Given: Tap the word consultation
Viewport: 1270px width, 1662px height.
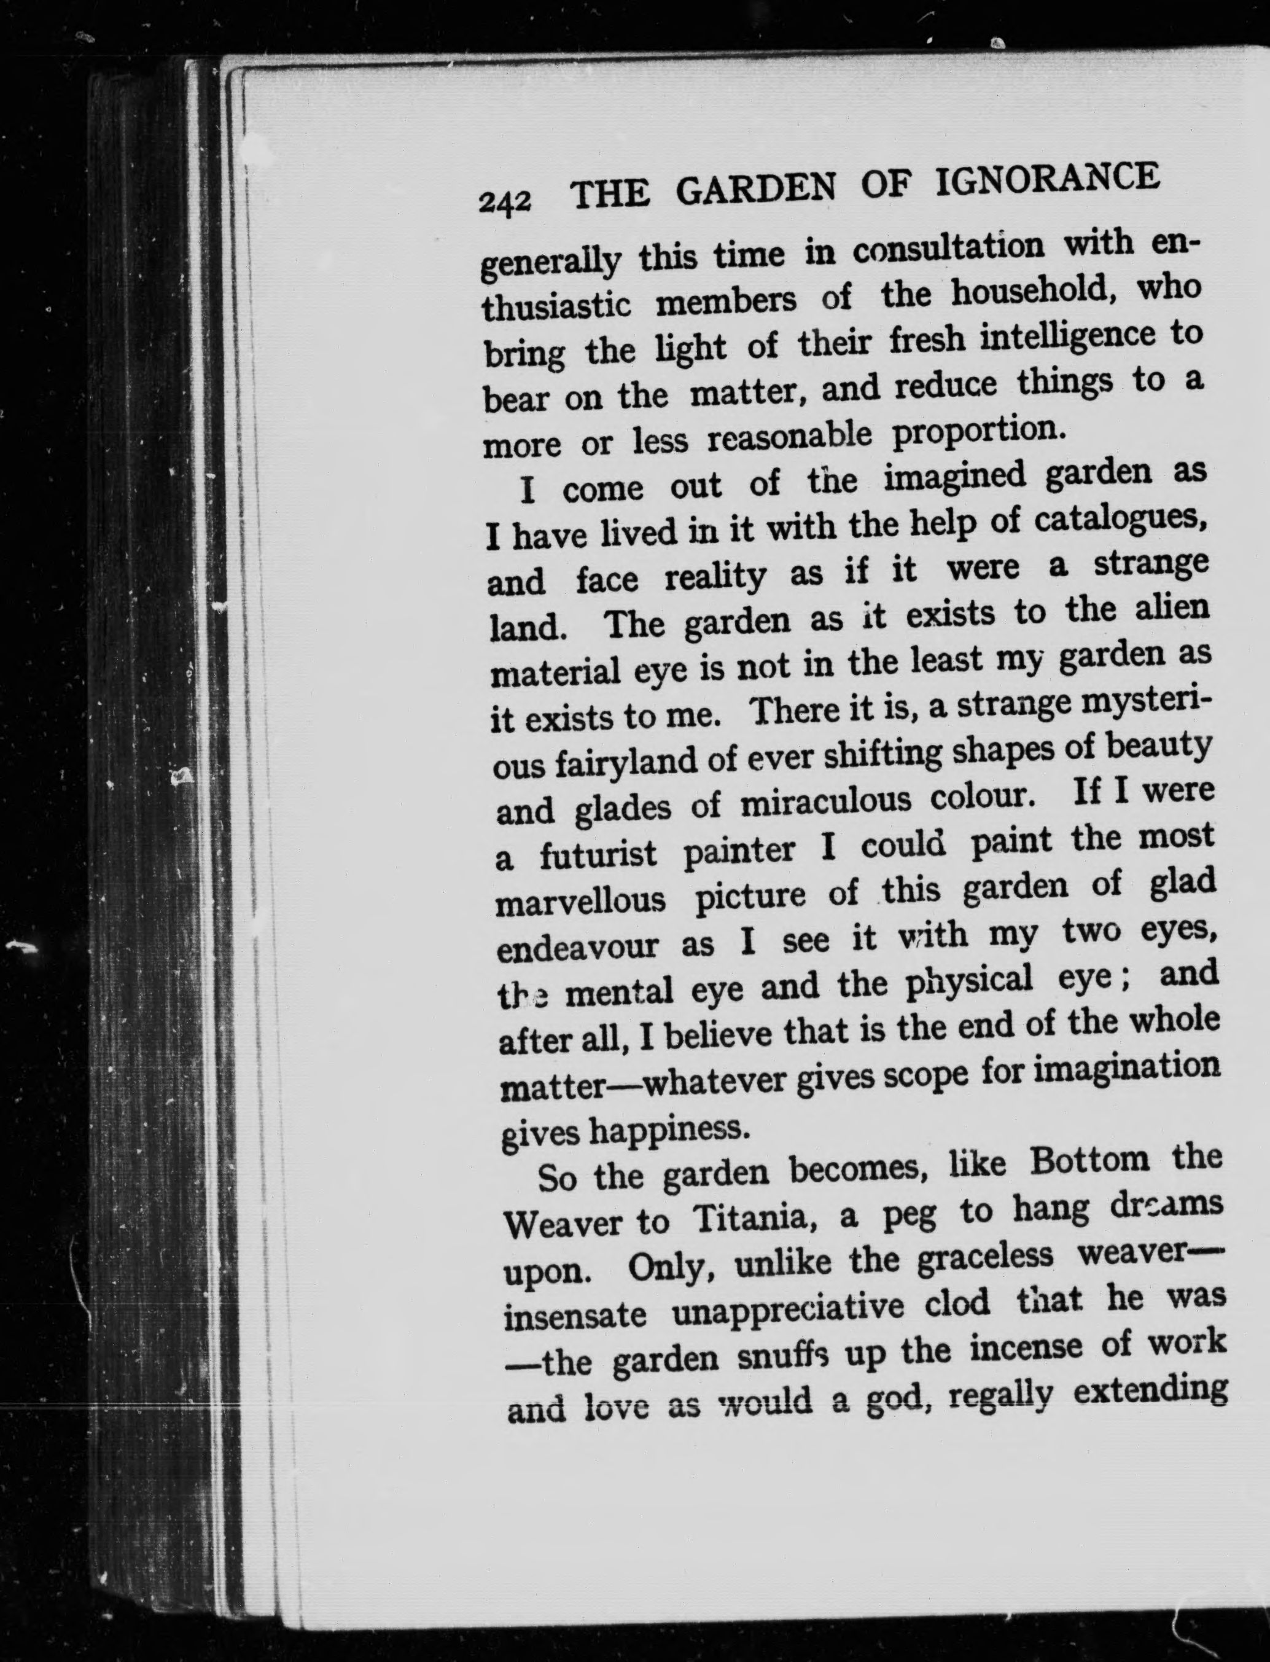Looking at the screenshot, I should coord(956,248).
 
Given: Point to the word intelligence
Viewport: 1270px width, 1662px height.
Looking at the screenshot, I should coord(1067,337).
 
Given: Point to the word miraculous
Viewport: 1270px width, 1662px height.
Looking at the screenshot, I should coord(826,802).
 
